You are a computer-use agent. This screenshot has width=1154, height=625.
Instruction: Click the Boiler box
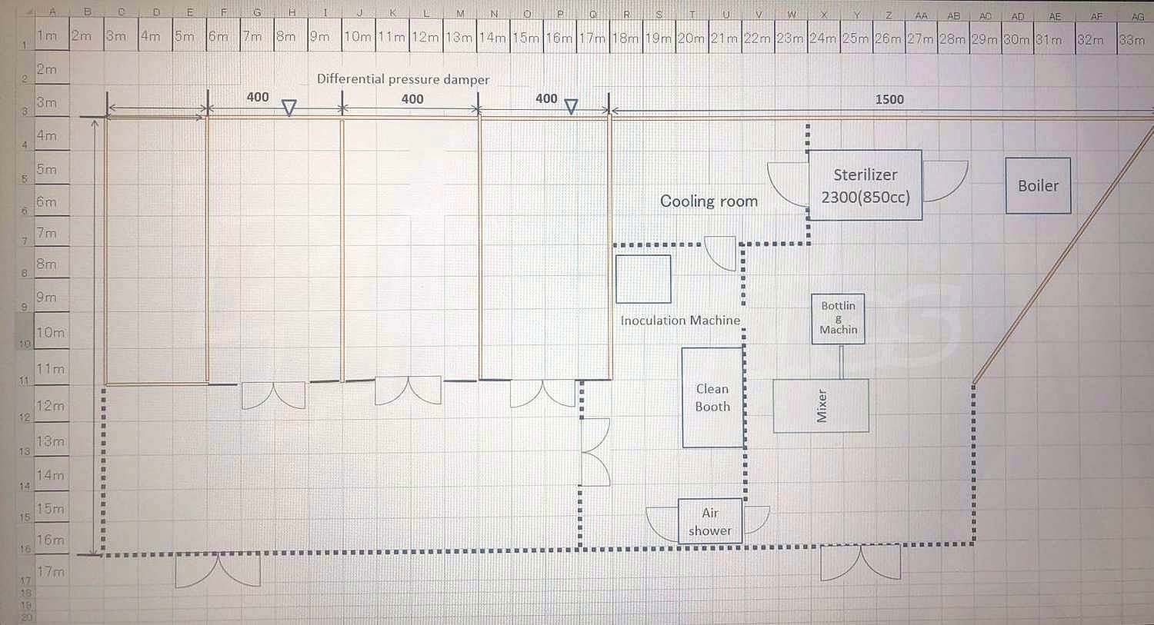[x=1038, y=185]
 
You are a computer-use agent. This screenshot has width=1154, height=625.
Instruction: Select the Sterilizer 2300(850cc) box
[x=865, y=185]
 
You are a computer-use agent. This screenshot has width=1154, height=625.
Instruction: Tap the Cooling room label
[x=709, y=201]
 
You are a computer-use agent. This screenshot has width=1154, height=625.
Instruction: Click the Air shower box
[x=710, y=521]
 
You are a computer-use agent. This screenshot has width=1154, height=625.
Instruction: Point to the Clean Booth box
[x=712, y=397]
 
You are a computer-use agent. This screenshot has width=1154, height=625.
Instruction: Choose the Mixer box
[x=821, y=405]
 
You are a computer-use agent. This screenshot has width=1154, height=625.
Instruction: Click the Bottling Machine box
[x=838, y=317]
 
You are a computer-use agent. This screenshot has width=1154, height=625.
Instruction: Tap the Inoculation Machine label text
[x=680, y=321]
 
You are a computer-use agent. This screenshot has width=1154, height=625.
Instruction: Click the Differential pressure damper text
[x=403, y=79]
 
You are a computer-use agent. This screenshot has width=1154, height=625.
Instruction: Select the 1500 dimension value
[x=889, y=99]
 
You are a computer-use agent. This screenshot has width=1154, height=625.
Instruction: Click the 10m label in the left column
[x=51, y=333]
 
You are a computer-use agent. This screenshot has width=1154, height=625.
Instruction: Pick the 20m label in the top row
[x=691, y=38]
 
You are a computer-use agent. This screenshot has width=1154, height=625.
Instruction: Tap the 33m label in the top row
[x=1131, y=40]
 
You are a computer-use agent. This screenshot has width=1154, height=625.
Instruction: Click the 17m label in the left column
[x=51, y=572]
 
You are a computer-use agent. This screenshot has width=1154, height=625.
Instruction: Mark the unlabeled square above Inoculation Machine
[x=643, y=279]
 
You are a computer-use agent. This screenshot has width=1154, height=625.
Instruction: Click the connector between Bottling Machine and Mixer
[x=841, y=361]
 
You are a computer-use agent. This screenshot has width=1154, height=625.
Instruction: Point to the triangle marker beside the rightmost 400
[x=571, y=107]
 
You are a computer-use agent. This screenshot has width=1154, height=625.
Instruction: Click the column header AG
[x=1137, y=16]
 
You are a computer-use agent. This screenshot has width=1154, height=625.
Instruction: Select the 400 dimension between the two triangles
[x=412, y=99]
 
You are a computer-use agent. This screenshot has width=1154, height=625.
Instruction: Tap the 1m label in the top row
[x=48, y=35]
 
